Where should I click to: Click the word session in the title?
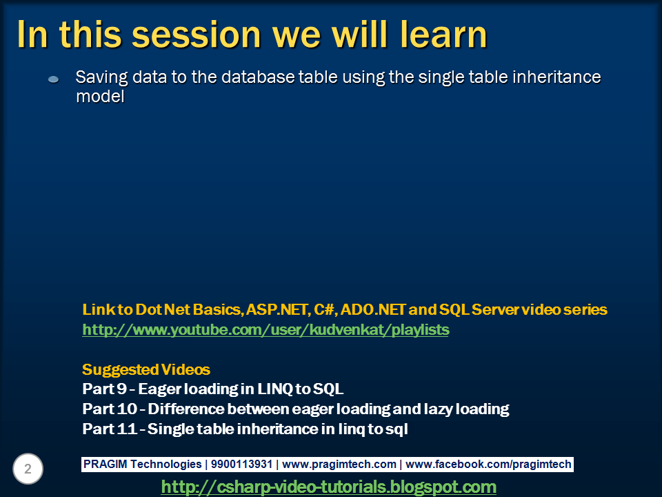pyautogui.click(x=197, y=35)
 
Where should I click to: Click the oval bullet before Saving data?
pyautogui.click(x=53, y=79)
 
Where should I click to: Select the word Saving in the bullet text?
pyautogui.click(x=102, y=78)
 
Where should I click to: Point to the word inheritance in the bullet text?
pyautogui.click(x=556, y=77)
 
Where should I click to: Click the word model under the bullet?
pyautogui.click(x=100, y=97)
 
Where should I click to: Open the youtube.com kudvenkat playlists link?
pyautogui.click(x=265, y=330)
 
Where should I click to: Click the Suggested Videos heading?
pyautogui.click(x=146, y=370)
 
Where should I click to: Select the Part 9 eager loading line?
pyautogui.click(x=213, y=389)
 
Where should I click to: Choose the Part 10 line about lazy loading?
pyautogui.click(x=296, y=409)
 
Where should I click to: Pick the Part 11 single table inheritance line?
pyautogui.click(x=245, y=429)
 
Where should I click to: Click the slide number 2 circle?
pyautogui.click(x=28, y=469)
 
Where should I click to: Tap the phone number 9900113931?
pyautogui.click(x=241, y=464)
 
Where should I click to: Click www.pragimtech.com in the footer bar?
pyautogui.click(x=339, y=465)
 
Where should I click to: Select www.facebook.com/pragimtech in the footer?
pyautogui.click(x=488, y=465)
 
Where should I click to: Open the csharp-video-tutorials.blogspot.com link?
pyautogui.click(x=328, y=487)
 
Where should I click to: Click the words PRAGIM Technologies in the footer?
pyautogui.click(x=142, y=464)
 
